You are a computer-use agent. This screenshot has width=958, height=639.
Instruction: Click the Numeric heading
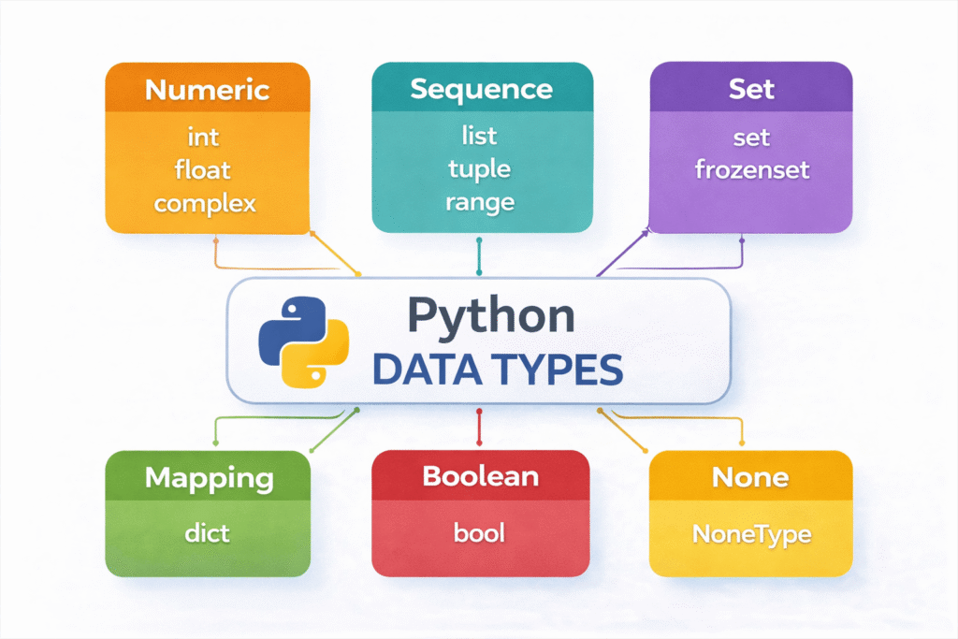tap(208, 91)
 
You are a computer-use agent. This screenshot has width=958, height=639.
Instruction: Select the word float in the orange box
tap(202, 170)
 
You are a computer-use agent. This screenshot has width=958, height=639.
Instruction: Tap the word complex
tap(205, 203)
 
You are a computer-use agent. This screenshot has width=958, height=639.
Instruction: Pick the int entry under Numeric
tap(203, 138)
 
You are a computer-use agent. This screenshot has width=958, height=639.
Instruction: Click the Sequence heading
tap(481, 90)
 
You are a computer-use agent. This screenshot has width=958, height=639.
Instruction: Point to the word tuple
tap(479, 169)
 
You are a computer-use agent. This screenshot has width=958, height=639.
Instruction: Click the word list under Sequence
tap(479, 138)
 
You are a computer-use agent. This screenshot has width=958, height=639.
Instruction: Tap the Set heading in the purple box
tap(751, 90)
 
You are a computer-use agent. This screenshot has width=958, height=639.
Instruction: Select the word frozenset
tap(751, 170)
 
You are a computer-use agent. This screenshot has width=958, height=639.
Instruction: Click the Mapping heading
tap(209, 479)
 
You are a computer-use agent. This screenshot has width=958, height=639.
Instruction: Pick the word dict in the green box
tap(207, 535)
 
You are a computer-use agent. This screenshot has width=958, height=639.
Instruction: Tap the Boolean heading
tap(481, 476)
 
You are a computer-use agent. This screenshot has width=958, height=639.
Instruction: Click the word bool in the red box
tap(479, 533)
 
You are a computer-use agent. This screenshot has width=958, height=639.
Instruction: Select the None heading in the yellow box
tap(750, 477)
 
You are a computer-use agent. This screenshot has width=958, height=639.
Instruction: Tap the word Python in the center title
tap(491, 318)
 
